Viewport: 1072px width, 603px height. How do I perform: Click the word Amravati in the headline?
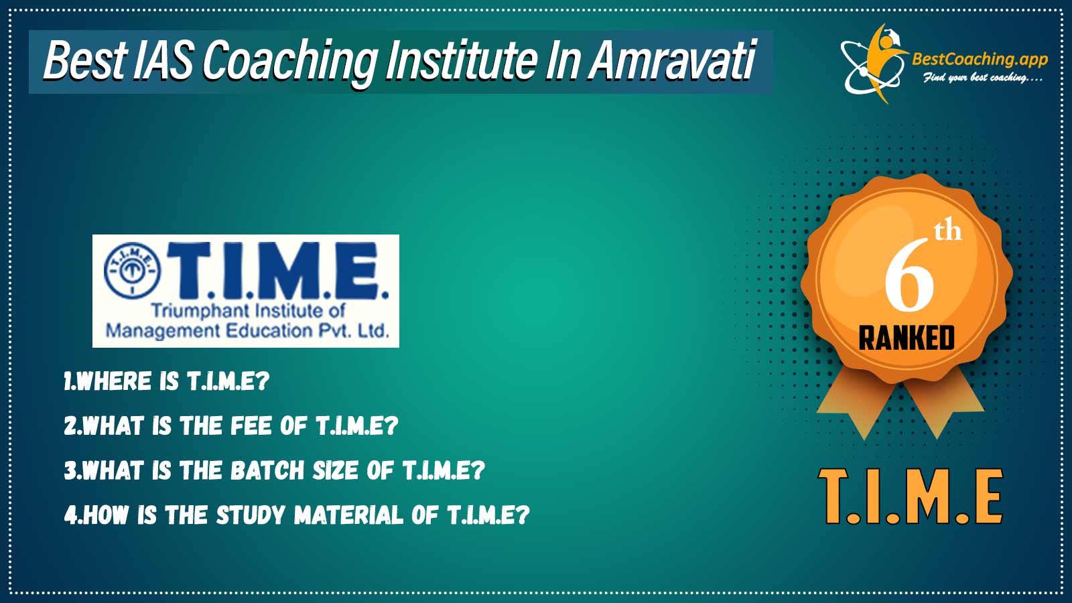click(672, 61)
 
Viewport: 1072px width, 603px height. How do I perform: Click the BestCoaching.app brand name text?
click(980, 60)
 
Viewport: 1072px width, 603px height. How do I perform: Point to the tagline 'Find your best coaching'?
click(982, 78)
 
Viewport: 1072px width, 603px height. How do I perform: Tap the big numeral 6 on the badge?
click(909, 275)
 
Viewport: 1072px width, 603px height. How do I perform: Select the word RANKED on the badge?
click(907, 338)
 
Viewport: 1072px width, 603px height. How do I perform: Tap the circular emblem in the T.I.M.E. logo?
click(132, 271)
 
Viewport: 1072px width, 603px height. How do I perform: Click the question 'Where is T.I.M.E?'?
click(167, 381)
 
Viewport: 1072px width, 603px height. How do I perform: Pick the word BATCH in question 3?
click(267, 470)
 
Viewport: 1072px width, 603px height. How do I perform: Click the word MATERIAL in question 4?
click(348, 515)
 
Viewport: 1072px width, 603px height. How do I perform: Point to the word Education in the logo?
click(269, 331)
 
